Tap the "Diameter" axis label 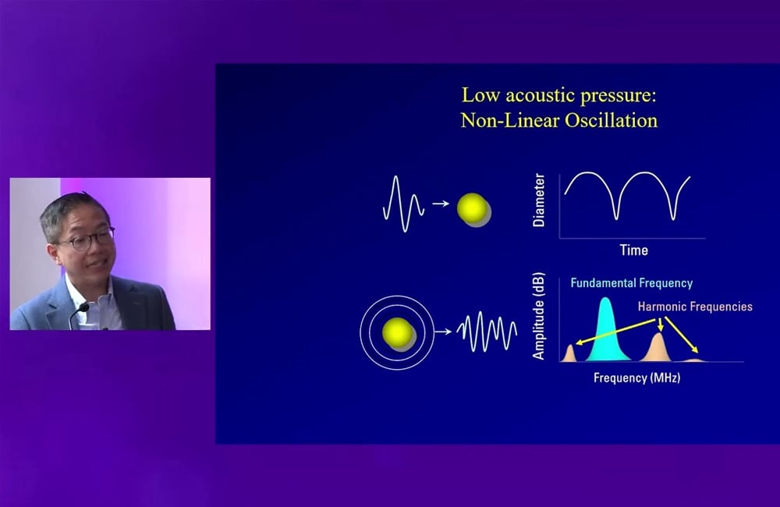[x=539, y=200]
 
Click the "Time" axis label [x=633, y=250]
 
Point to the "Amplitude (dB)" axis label [x=539, y=316]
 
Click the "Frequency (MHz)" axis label [x=636, y=378]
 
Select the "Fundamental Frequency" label [x=632, y=283]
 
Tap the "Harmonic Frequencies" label [x=695, y=307]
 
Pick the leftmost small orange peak [x=569, y=353]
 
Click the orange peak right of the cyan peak [x=658, y=348]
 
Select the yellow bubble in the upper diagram [x=472, y=208]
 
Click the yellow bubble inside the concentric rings [x=398, y=332]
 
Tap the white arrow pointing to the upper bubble [x=441, y=204]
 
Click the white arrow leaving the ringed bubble [x=443, y=331]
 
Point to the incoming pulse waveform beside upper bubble [x=403, y=204]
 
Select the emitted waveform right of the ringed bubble [x=487, y=331]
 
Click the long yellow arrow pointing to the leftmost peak [x=616, y=331]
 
